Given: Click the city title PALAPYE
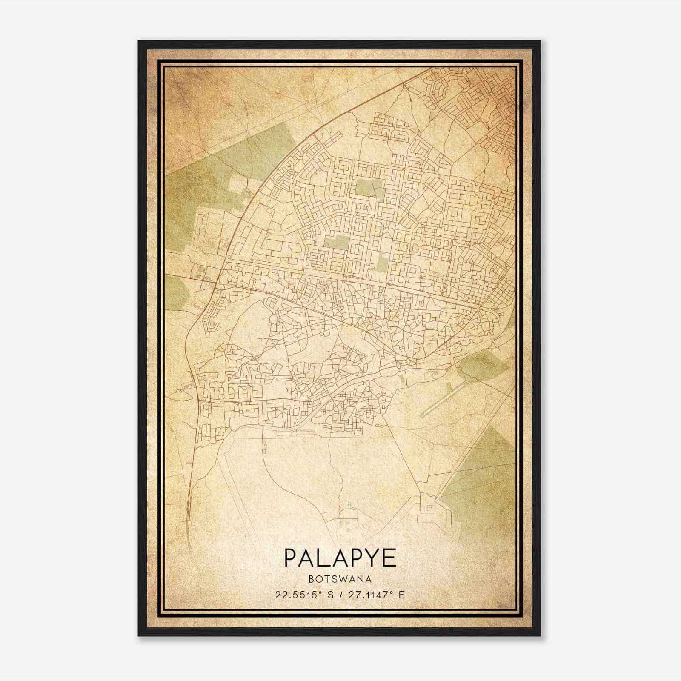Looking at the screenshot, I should pos(340,558).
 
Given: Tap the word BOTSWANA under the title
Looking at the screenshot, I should pos(340,579).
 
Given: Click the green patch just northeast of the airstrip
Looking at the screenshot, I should pos(481,366).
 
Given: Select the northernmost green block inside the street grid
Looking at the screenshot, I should pos(369,188).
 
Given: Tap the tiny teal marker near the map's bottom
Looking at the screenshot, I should pos(349,504).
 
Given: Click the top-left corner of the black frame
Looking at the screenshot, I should pos(139,41).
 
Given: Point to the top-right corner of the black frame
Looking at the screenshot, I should pos(540,41).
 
